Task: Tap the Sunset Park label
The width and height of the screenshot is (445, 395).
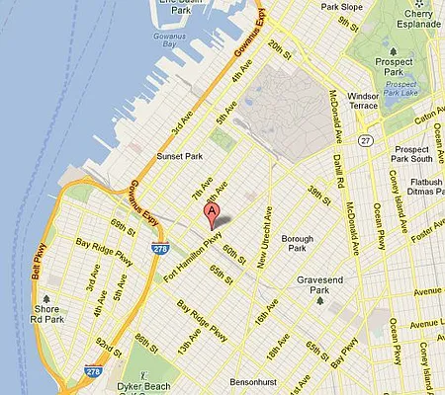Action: [180, 156]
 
